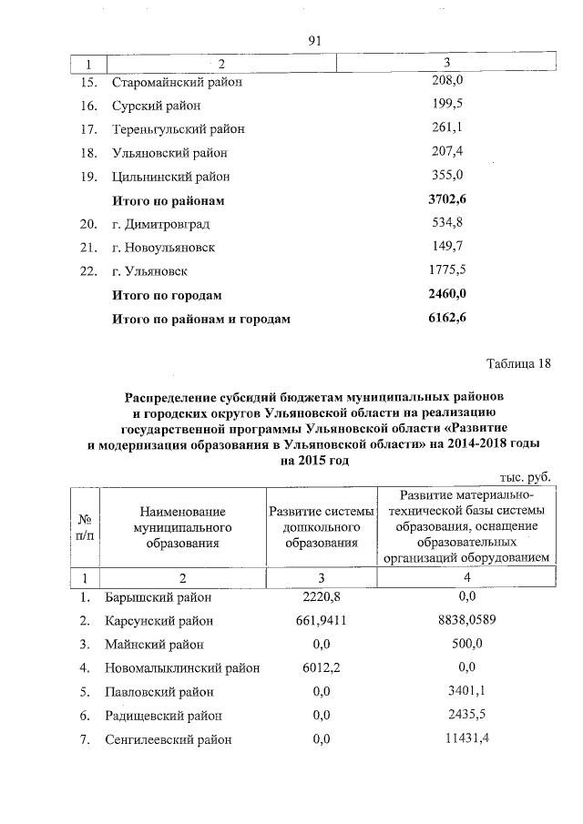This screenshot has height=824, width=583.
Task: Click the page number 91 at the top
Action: click(x=316, y=41)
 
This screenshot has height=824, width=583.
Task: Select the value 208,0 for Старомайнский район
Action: click(x=447, y=81)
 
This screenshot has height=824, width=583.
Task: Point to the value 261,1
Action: click(x=447, y=128)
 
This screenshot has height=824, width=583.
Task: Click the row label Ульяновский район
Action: click(x=169, y=153)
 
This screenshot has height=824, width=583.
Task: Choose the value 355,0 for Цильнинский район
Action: click(x=447, y=176)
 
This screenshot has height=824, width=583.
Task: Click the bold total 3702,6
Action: click(x=447, y=199)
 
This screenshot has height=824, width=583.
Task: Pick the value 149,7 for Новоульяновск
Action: click(x=447, y=247)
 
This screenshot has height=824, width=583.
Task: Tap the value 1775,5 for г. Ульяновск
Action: click(x=447, y=270)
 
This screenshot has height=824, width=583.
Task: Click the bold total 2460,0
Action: click(x=447, y=294)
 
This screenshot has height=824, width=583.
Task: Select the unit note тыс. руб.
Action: click(x=527, y=477)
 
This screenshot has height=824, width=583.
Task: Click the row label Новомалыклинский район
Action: click(x=181, y=668)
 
